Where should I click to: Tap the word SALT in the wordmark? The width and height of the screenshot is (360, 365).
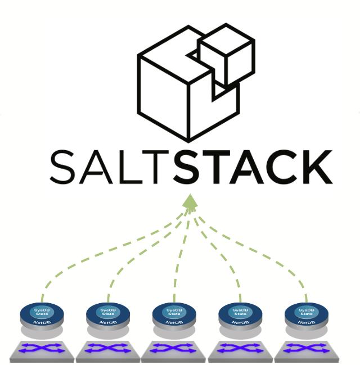[110, 166]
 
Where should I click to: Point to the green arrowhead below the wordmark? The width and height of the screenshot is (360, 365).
[191, 202]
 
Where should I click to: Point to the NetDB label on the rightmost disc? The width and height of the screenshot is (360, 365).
[306, 323]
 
